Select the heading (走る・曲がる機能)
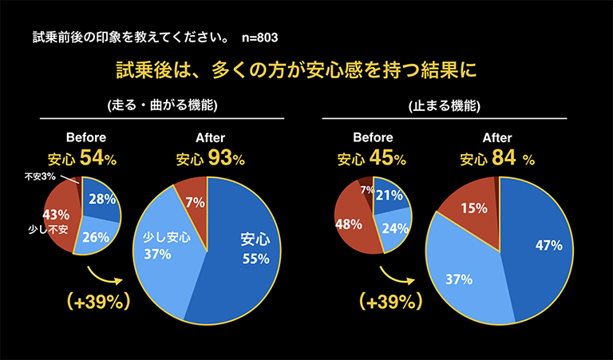[162, 105]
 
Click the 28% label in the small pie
[101, 199]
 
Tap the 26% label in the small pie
[94, 236]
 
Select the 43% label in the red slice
[56, 215]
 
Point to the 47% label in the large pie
[547, 245]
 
